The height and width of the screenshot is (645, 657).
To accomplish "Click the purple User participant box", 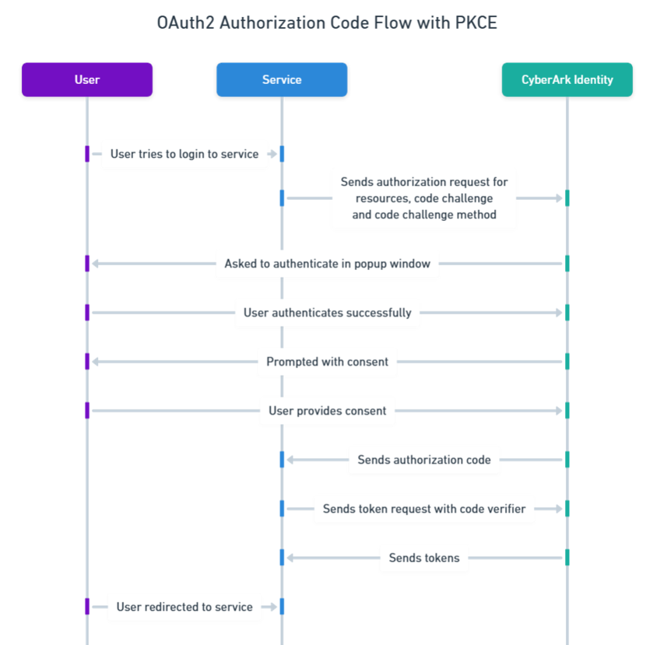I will [x=87, y=79].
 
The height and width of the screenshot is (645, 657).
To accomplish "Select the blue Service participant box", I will [x=282, y=79].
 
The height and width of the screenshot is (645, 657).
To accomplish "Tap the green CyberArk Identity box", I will [x=567, y=79].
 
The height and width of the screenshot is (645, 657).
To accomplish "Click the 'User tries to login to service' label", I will [x=184, y=154].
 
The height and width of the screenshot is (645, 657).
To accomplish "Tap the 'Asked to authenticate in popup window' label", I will [x=327, y=264].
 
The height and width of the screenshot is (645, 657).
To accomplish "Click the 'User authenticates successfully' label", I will [x=327, y=313].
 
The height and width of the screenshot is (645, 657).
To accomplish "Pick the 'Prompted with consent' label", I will [x=327, y=362].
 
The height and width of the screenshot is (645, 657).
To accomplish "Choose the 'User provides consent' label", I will [x=327, y=411].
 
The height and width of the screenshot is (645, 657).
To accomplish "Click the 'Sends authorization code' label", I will [x=424, y=460].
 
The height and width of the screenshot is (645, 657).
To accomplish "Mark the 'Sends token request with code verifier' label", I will [x=424, y=509].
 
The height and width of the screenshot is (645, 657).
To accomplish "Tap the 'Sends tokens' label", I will [x=424, y=558].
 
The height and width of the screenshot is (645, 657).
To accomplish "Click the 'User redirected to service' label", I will [x=184, y=607].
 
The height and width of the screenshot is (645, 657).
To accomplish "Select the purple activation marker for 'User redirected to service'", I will [x=87, y=607].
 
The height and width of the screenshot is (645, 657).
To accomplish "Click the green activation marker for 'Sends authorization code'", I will [x=567, y=460].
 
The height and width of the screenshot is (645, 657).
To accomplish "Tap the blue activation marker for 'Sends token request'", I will [x=282, y=509].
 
